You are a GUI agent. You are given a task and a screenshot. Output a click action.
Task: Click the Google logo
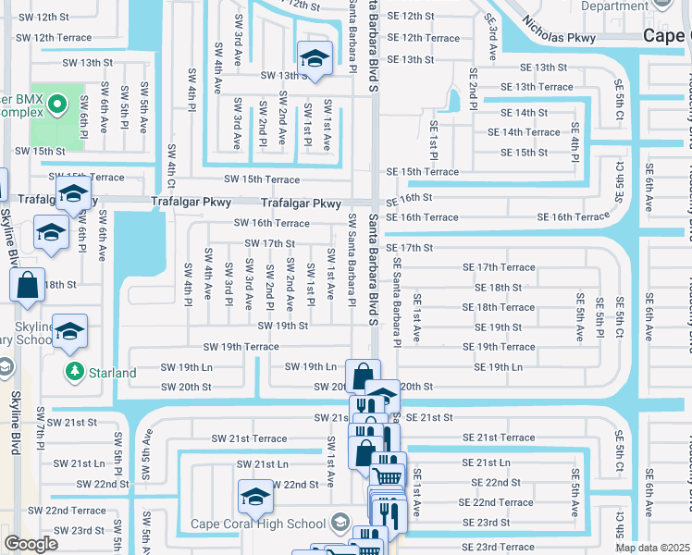click(x=31, y=543)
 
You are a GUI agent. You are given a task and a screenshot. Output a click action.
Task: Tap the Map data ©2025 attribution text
click(x=652, y=548)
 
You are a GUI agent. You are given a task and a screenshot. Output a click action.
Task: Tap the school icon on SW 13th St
click(x=314, y=58)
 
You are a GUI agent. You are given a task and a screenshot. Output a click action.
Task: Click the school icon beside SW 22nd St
click(x=254, y=497)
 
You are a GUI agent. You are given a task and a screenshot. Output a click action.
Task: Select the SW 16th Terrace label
click(x=271, y=223)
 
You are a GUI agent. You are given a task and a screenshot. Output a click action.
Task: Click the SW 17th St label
click(x=269, y=243)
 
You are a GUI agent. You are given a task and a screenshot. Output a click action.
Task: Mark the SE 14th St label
click(x=524, y=112)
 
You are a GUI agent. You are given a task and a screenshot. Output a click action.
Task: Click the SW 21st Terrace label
click(x=249, y=438)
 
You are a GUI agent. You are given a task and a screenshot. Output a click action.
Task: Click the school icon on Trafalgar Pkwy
click(x=71, y=195)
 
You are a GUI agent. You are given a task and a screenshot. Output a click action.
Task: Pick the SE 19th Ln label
click(x=498, y=367)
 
